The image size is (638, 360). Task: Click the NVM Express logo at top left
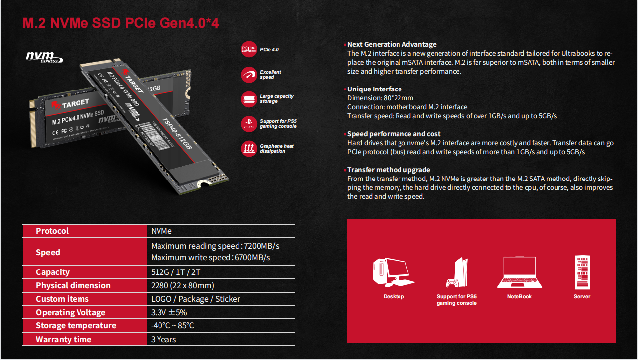tap(44, 57)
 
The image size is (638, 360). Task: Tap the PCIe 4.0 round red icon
tap(249, 49)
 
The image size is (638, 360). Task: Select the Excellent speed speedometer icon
tap(249, 75)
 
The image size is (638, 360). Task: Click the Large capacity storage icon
tap(249, 99)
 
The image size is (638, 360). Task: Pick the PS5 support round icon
tap(249, 124)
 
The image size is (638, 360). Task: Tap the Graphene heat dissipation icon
tap(249, 149)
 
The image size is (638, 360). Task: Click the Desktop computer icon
tap(393, 272)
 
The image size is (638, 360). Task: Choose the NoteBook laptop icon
tap(519, 272)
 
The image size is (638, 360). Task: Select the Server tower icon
tap(582, 272)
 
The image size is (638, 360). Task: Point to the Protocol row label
tap(52, 231)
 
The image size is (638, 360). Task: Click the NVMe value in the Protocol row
tap(161, 231)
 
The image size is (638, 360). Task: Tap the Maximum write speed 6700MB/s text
tap(210, 257)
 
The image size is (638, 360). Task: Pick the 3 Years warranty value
tap(163, 339)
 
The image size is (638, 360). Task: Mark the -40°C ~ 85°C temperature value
tap(172, 325)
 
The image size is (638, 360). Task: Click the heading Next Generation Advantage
tap(392, 44)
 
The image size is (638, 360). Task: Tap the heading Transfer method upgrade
tap(389, 170)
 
